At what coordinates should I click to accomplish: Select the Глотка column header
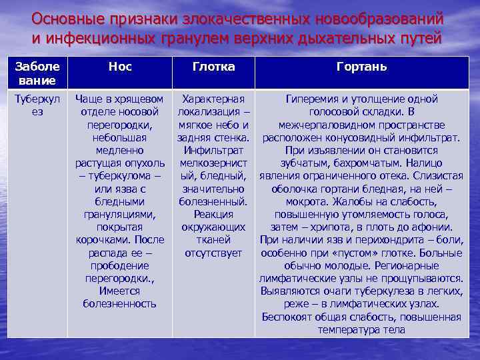pos(213,67)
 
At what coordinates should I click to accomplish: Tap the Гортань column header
pos(362,67)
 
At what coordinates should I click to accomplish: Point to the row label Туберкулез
pos(37,105)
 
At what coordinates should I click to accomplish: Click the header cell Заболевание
pos(37,73)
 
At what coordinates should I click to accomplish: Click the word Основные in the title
pos(63,17)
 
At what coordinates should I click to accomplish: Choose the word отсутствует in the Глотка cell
pos(213,253)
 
